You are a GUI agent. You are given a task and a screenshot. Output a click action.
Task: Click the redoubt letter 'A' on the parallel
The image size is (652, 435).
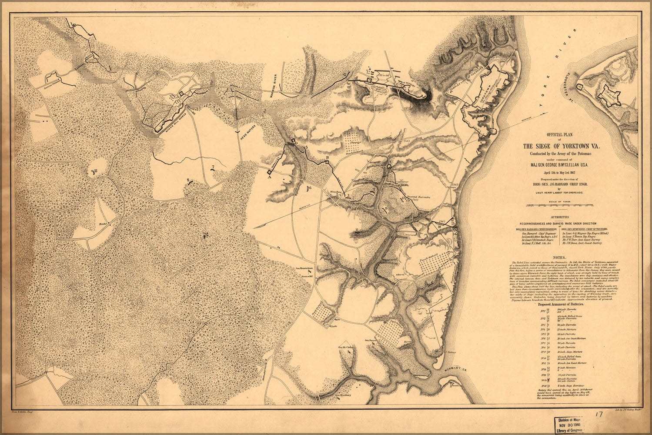click(x=269, y=177)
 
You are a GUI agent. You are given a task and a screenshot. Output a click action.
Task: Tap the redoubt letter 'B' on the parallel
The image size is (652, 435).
click(x=327, y=157)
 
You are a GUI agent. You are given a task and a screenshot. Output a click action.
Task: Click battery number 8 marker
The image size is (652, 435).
click(x=189, y=181)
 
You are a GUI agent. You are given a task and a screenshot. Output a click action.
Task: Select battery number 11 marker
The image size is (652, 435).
click(x=357, y=230)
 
